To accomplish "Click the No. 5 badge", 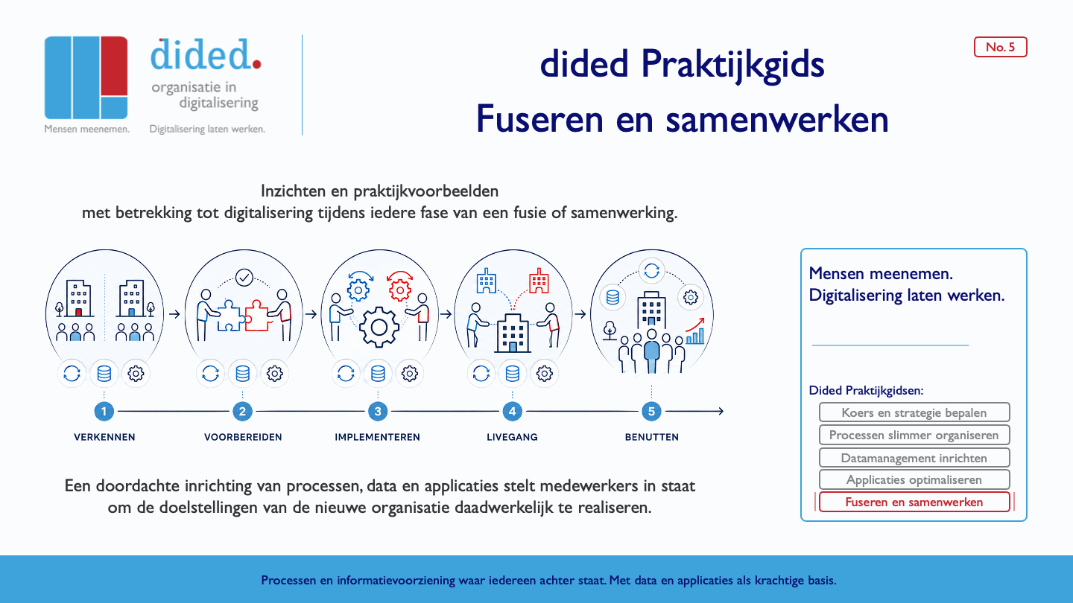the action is (x=1000, y=47).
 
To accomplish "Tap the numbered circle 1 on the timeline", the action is (x=104, y=411).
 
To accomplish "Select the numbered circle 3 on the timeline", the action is (x=378, y=411).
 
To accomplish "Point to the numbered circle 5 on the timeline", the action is (x=651, y=411).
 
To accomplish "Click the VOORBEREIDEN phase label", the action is (x=243, y=437).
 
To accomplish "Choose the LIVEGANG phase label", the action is (x=512, y=437).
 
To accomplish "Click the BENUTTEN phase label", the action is (x=651, y=437).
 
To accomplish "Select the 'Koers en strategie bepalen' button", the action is (x=914, y=412).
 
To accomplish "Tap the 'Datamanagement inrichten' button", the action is (x=914, y=458).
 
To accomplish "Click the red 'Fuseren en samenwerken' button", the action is (x=914, y=502).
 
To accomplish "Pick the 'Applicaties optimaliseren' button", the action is (x=914, y=479).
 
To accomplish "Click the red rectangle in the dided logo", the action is (x=114, y=66).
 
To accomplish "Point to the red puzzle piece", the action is (x=258, y=316).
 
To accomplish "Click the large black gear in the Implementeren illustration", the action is (x=379, y=328).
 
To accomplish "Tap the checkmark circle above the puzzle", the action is (x=244, y=278).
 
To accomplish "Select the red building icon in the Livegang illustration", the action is (x=539, y=281).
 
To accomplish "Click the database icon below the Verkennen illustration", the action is (x=104, y=373).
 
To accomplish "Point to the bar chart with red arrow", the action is (x=695, y=331).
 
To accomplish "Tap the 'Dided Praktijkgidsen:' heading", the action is (x=866, y=391).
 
